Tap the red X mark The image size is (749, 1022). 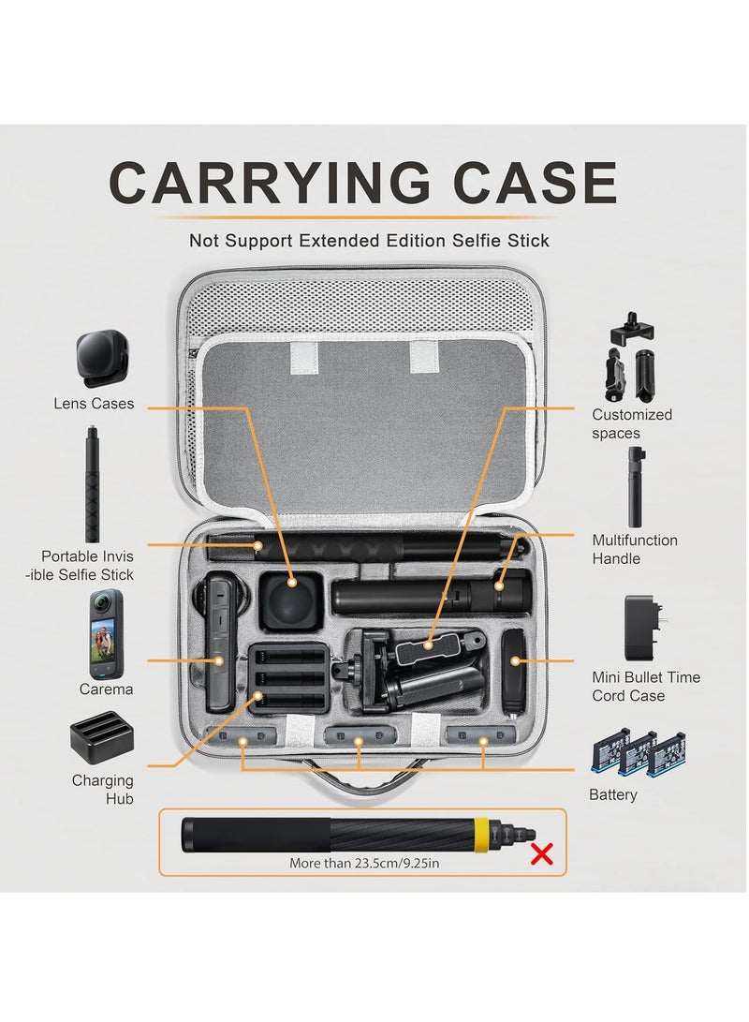click(x=541, y=852)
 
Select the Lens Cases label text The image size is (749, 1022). click(x=94, y=404)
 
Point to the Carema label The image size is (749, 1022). click(x=106, y=689)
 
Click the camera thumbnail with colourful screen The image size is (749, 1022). click(x=106, y=634)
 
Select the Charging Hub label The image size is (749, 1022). click(x=102, y=789)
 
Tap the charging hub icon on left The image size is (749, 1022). click(x=101, y=741)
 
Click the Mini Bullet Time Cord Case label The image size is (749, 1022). click(x=646, y=686)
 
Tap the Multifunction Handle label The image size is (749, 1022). click(x=635, y=549)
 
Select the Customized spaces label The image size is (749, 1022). click(x=632, y=423)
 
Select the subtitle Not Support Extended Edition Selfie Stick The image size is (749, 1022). click(x=369, y=241)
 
